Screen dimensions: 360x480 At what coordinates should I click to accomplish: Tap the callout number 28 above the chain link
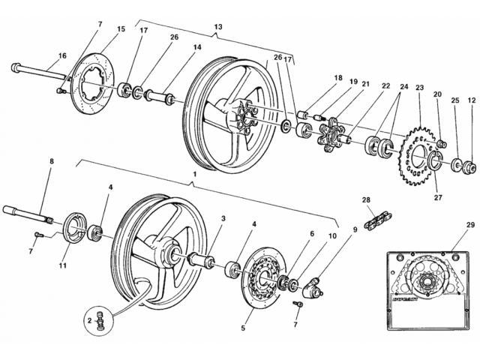click(x=366, y=200)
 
